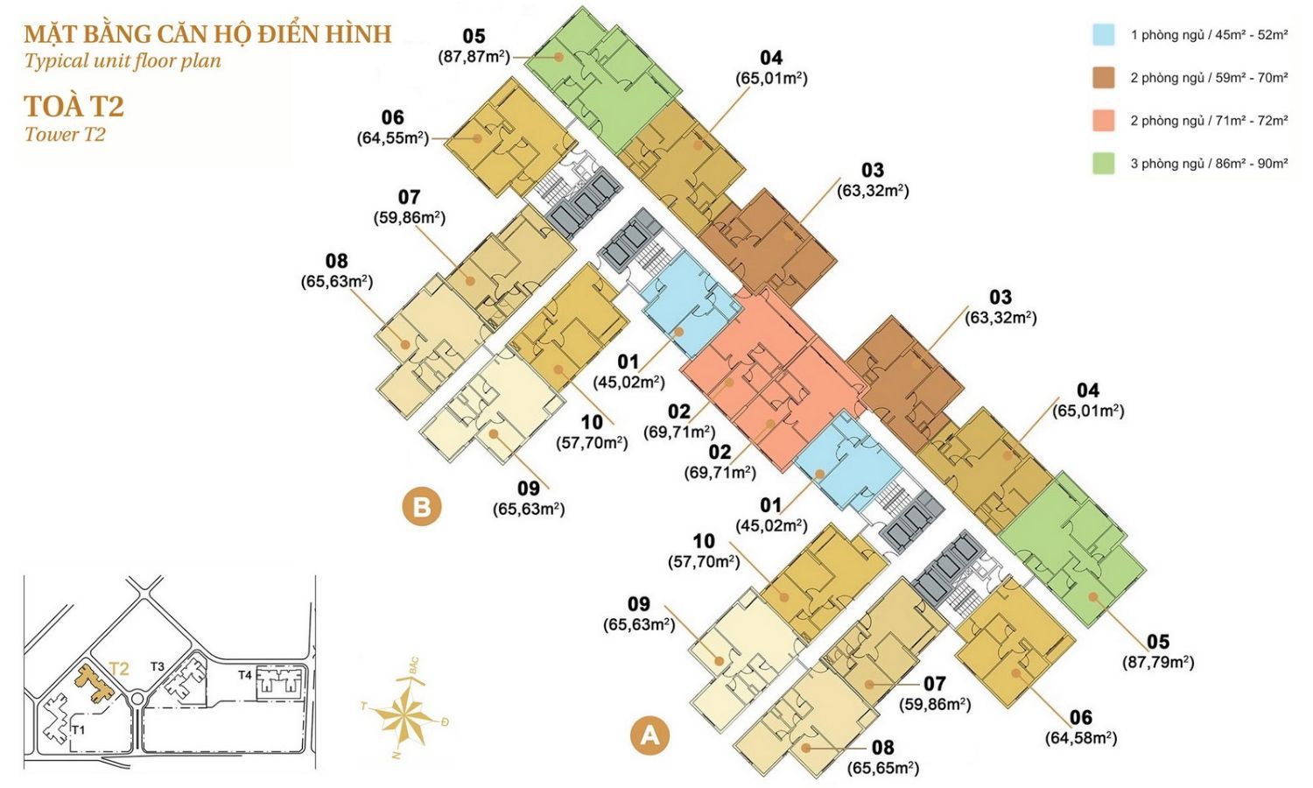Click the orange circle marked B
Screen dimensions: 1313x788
tap(422, 507)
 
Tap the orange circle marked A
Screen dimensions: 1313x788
tap(650, 735)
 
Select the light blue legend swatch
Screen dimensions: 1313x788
tap(1103, 35)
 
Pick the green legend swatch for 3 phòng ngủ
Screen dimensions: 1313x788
tap(1103, 163)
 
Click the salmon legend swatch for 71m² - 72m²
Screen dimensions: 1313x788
tap(1103, 120)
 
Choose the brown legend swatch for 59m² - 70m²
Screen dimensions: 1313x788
tap(1103, 77)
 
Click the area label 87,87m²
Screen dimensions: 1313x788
tap(474, 57)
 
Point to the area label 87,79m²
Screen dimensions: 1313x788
tap(1158, 662)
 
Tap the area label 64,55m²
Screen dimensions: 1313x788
tap(393, 138)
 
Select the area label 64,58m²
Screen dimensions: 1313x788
tap(1081, 737)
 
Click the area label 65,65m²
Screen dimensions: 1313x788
tap(882, 768)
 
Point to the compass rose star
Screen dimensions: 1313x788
tap(404, 715)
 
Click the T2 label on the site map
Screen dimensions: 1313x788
tap(119, 669)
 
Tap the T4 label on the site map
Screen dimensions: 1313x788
tap(245, 675)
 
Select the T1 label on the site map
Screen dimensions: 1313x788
tap(79, 730)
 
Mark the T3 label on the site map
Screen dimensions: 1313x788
tap(157, 666)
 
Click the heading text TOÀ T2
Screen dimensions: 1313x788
tap(74, 107)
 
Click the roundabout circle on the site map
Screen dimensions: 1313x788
tap(137, 699)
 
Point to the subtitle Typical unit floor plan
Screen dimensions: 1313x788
tap(123, 60)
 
